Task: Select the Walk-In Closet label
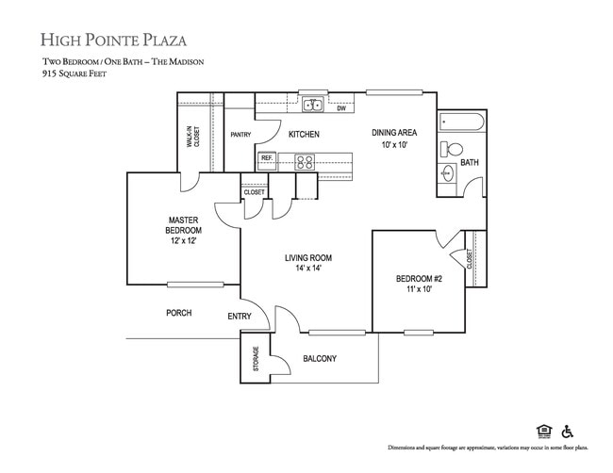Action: [192, 139]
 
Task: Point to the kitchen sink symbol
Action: [312, 104]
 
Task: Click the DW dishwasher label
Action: [340, 108]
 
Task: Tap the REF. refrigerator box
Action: [266, 158]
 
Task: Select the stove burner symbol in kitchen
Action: [306, 161]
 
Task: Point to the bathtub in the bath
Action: [461, 122]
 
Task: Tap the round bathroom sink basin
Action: [448, 173]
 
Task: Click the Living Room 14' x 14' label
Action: [308, 263]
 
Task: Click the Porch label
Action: [179, 313]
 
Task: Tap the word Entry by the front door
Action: [240, 317]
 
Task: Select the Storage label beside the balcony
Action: [256, 359]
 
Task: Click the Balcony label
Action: [320, 359]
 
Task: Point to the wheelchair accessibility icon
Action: [569, 431]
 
